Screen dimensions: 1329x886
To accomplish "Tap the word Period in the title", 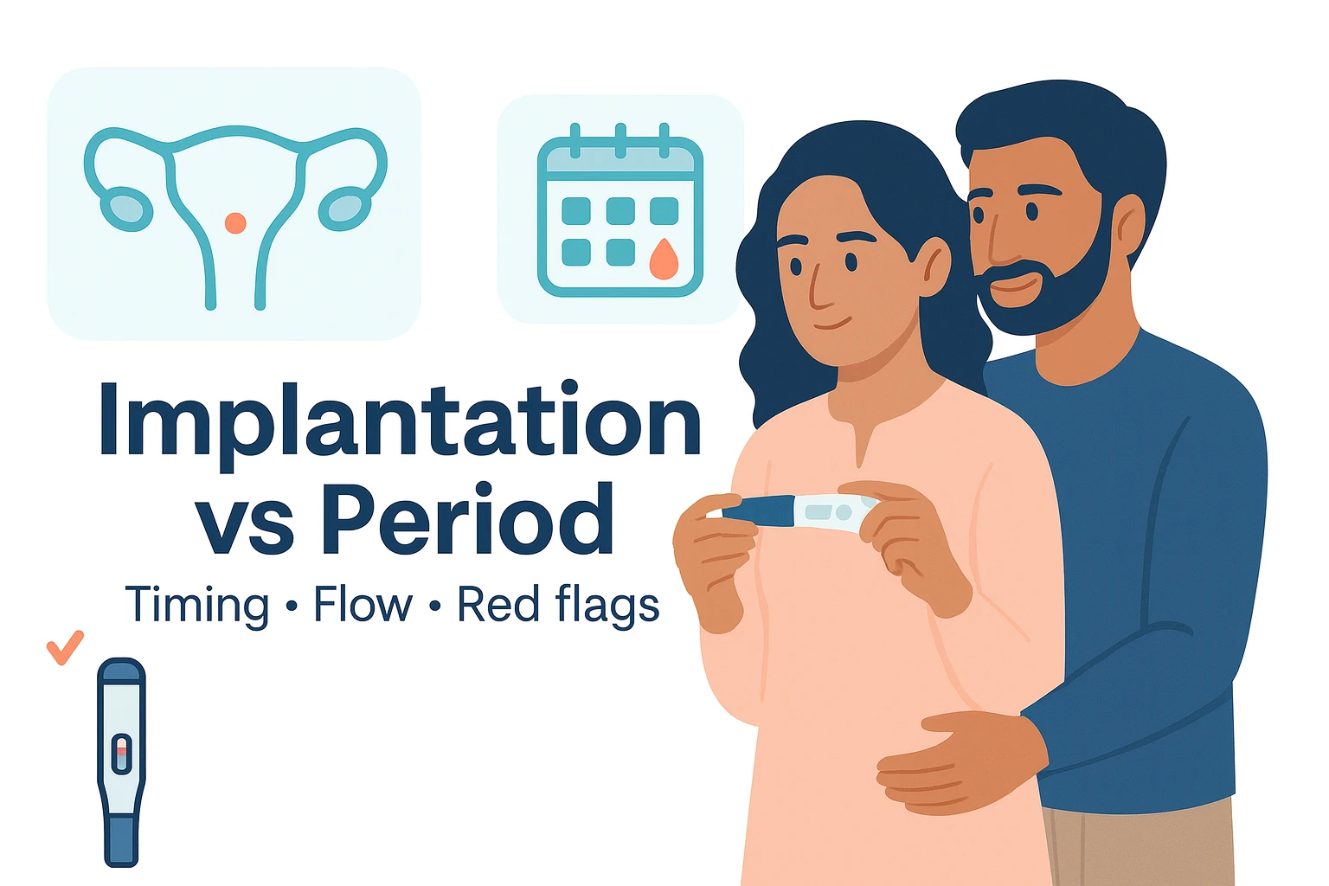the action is [x=468, y=518].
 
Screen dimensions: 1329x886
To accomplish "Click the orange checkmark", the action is [x=65, y=647].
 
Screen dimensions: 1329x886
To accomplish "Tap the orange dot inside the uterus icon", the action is [x=235, y=223].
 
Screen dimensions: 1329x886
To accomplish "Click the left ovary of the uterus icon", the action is [x=125, y=209].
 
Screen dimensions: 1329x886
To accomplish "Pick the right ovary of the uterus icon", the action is [x=344, y=209].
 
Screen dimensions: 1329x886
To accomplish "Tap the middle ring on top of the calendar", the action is [x=620, y=141].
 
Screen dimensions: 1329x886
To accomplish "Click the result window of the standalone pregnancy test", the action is [x=122, y=754].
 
